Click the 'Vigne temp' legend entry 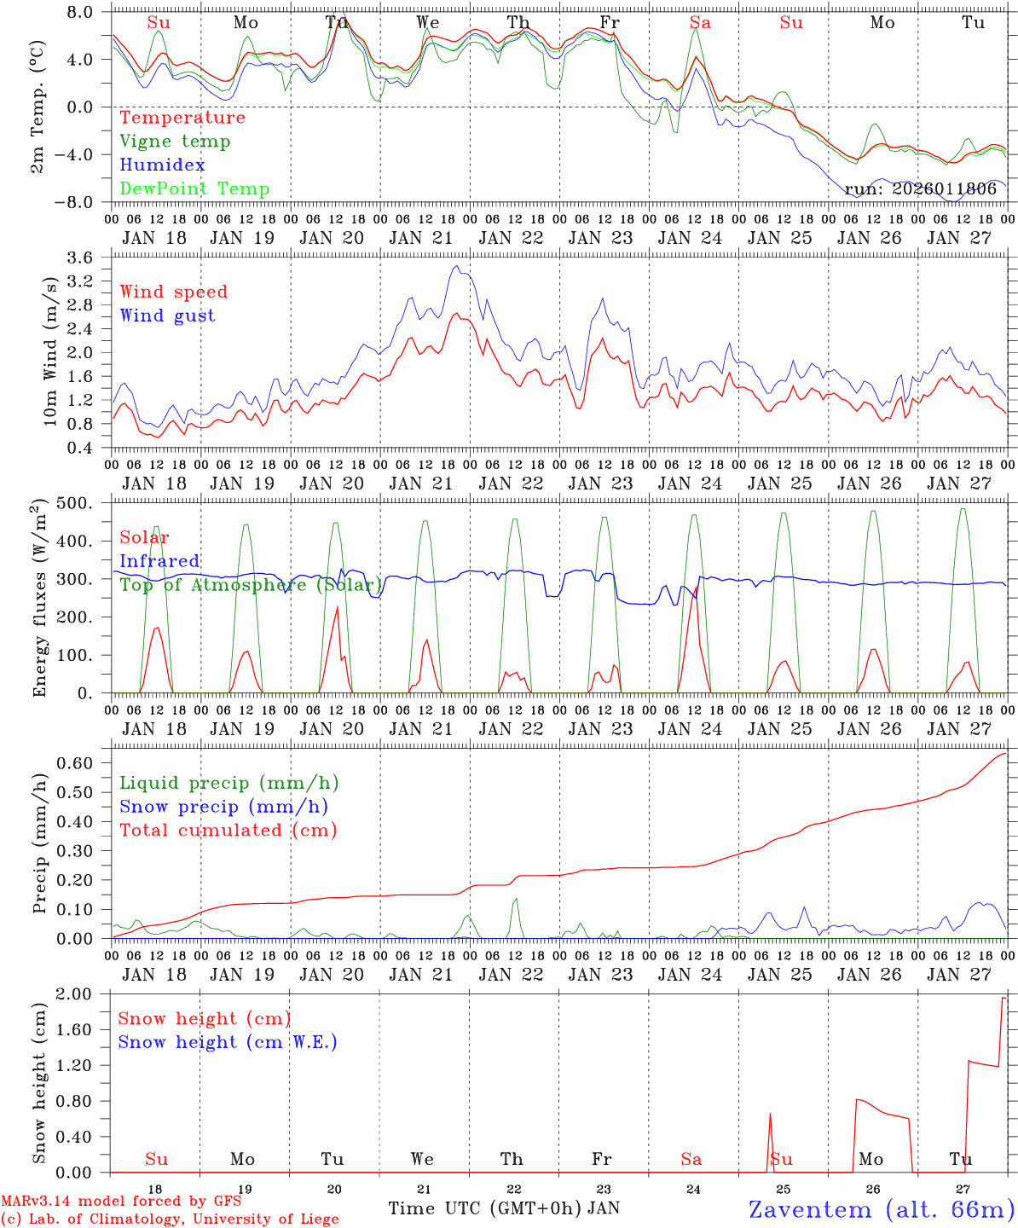pos(175,142)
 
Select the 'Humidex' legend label pos(162,165)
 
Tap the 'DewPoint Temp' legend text pos(194,189)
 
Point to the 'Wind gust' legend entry pos(167,316)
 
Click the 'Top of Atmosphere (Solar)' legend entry pos(251,585)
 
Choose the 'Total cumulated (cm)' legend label pos(228,830)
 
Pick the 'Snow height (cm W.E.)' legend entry pos(227,1042)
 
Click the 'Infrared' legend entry pos(159,561)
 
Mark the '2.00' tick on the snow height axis pos(84,994)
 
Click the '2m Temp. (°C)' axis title pos(38,107)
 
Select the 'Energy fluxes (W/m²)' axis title pos(39,600)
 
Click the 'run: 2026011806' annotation pos(921,189)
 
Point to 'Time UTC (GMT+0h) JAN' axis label pos(503,1208)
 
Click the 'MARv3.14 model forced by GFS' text pos(121,1202)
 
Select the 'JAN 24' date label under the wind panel pos(691,484)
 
